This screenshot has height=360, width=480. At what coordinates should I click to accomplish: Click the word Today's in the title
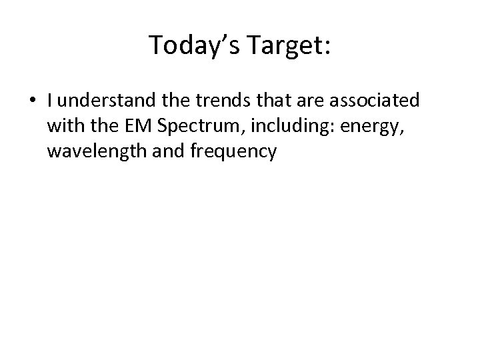click(186, 45)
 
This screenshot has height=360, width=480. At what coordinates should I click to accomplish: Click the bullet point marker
click(33, 101)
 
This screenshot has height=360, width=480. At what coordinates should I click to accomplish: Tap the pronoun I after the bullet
click(50, 101)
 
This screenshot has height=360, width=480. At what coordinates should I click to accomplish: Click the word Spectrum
click(194, 127)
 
